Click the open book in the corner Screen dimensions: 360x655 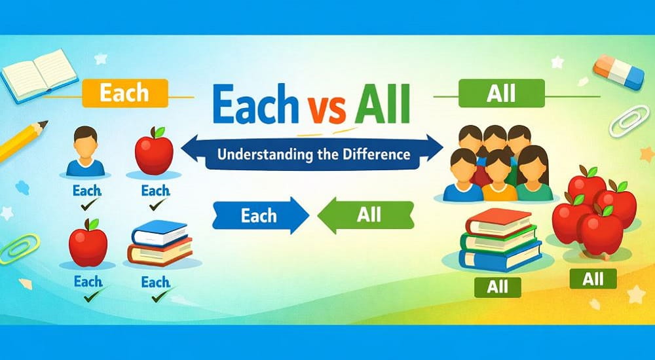31,73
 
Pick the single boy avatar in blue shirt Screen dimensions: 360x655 86,153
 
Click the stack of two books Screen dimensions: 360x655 160,243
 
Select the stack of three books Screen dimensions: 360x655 500,239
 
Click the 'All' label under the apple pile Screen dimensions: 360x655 593,278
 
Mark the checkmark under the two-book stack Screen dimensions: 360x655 158,297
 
